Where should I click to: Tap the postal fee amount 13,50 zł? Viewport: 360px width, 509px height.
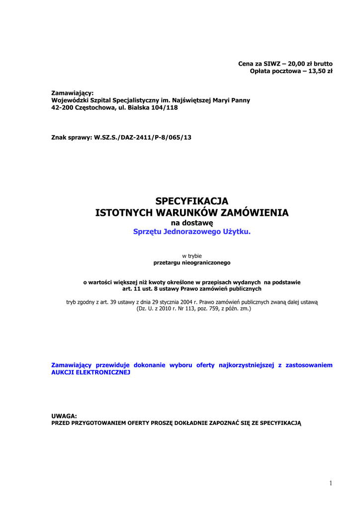[x=321, y=71]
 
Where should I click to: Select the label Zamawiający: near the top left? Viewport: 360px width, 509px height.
[x=73, y=93]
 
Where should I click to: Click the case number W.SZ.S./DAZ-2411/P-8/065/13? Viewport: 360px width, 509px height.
[x=143, y=137]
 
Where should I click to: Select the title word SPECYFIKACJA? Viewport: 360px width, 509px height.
[x=191, y=201]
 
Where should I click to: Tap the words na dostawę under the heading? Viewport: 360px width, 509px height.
[x=191, y=223]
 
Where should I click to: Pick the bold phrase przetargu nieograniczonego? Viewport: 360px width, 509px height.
[x=191, y=262]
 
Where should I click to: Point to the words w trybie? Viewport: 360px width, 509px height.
[x=191, y=255]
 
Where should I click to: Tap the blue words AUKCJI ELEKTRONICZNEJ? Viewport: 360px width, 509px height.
[x=90, y=372]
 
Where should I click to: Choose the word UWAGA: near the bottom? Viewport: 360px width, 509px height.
[x=64, y=416]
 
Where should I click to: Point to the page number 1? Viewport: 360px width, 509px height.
[x=330, y=483]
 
